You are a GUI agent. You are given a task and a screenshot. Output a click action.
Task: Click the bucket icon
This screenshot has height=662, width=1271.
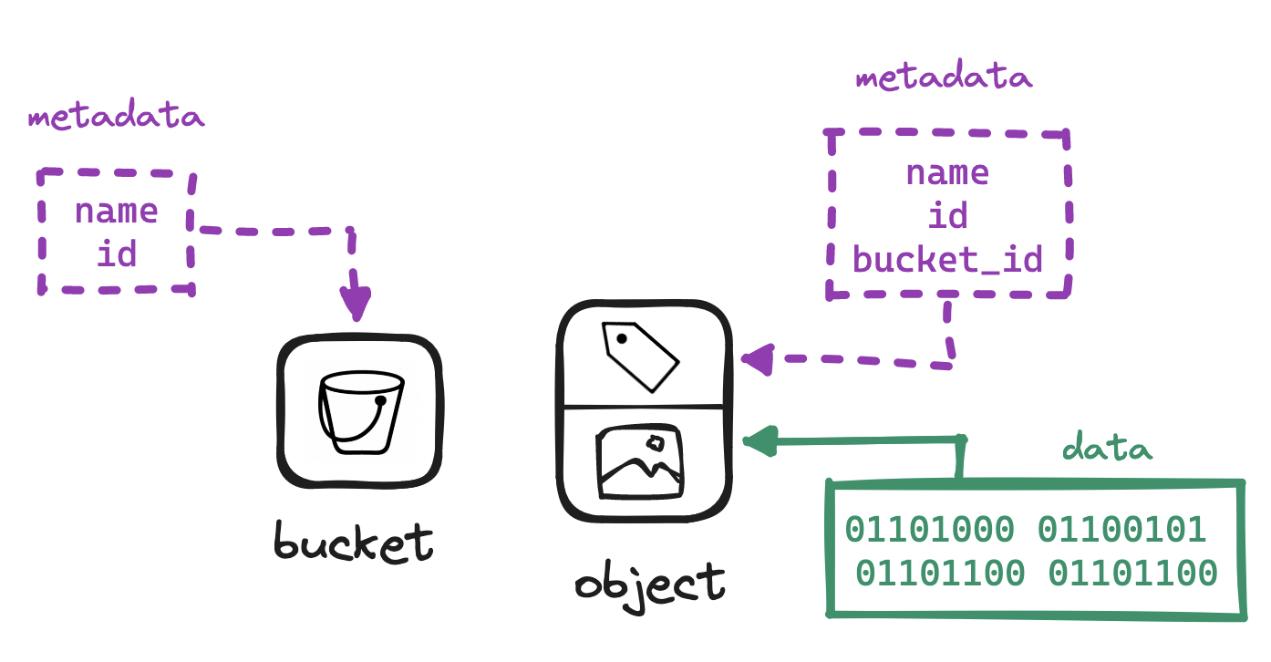point(359,411)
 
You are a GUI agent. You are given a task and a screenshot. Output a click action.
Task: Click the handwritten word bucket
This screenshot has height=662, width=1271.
point(354,542)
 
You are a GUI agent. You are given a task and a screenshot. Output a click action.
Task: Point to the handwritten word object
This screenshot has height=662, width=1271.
point(649,582)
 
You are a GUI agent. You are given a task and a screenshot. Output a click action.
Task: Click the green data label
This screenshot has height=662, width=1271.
point(1107,449)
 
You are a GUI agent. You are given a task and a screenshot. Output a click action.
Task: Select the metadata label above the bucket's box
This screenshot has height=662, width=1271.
point(117,118)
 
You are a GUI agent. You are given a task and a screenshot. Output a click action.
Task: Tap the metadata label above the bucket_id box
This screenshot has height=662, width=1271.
point(944,78)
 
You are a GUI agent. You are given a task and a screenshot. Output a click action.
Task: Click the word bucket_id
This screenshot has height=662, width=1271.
point(947,261)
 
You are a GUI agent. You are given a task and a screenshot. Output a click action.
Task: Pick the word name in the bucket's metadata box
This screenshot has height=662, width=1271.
point(117,212)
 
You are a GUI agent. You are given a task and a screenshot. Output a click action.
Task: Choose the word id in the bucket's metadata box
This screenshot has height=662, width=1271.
point(117,253)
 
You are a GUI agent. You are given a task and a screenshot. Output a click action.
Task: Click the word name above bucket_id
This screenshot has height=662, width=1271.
point(947,172)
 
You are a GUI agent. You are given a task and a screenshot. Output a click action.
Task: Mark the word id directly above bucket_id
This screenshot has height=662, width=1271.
point(947,216)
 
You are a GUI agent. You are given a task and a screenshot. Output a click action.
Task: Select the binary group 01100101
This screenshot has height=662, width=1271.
point(1122,529)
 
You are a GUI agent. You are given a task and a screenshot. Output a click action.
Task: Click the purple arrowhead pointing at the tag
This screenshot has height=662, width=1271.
point(757,359)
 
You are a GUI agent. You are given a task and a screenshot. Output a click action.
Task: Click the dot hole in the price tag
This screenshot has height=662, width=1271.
point(622,339)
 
